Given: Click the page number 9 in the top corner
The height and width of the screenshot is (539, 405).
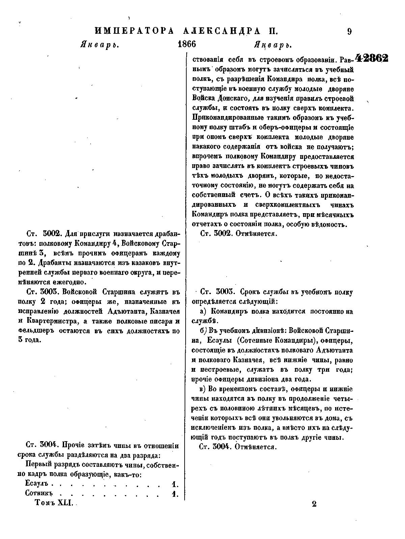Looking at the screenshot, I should tap(349, 31).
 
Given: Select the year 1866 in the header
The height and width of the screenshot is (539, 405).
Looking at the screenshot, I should tap(187, 45).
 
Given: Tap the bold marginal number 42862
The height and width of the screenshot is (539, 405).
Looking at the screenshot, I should tap(372, 58).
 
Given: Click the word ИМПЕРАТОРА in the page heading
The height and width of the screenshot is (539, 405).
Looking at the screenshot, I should tap(134, 31).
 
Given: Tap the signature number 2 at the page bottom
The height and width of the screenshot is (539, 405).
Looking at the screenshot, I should tap(314, 504).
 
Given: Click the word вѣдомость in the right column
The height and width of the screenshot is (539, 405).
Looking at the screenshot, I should tap(329, 224).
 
